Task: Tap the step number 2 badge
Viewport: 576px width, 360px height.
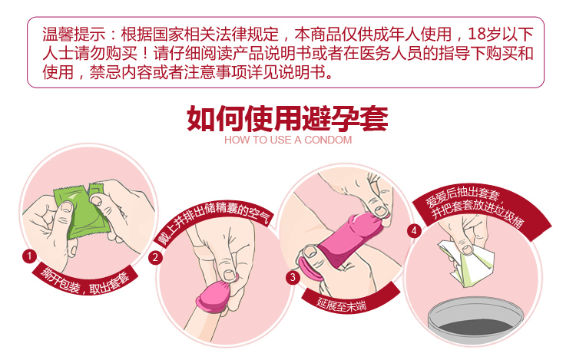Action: click(156, 257)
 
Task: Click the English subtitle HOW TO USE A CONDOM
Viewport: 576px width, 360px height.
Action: click(288, 140)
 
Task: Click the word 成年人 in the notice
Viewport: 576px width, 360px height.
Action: click(384, 35)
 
